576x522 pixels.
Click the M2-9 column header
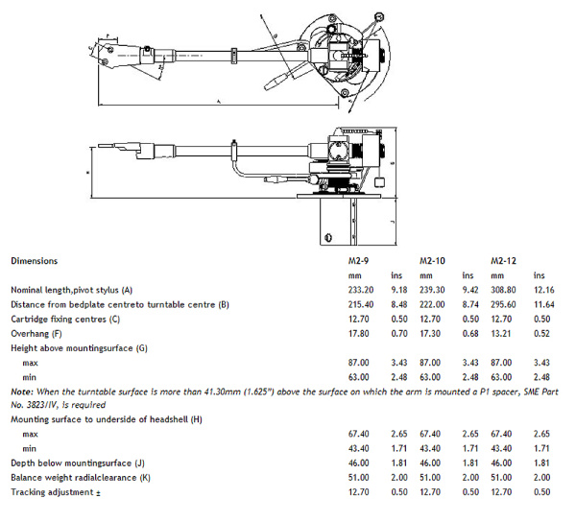point(357,260)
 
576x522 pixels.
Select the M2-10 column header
point(429,260)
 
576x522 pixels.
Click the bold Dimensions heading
point(34,260)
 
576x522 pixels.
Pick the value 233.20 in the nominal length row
point(360,291)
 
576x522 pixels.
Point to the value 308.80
point(505,291)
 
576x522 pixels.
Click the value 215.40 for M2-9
point(360,304)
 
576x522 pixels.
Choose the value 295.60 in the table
point(505,304)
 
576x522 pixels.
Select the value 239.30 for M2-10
point(433,291)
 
